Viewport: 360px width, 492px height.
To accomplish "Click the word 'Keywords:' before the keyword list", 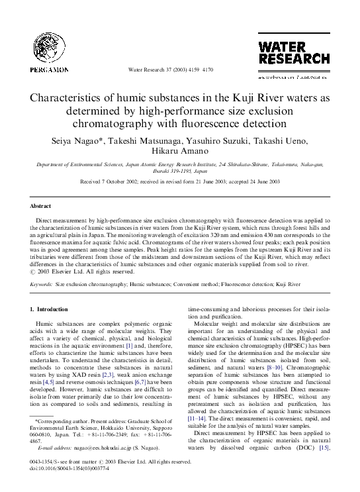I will point(42,283).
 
